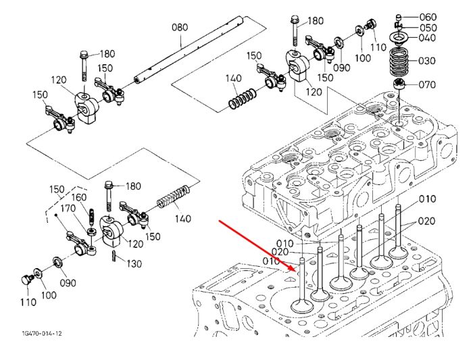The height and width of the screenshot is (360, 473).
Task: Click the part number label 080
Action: pyautogui.click(x=180, y=27)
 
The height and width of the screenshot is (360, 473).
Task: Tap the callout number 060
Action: pyautogui.click(x=428, y=17)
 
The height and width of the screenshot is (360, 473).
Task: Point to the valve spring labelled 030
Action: pyautogui.click(x=401, y=62)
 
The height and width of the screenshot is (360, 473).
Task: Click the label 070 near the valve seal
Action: pyautogui.click(x=427, y=84)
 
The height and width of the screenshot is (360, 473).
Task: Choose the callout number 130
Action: pyautogui.click(x=133, y=264)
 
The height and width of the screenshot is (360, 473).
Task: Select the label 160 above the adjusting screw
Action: pyautogui.click(x=79, y=197)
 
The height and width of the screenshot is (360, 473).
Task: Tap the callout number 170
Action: pyautogui.click(x=69, y=208)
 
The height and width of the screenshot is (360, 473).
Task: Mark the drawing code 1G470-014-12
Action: pyautogui.click(x=42, y=334)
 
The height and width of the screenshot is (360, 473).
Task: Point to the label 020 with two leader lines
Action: pyautogui.click(x=427, y=222)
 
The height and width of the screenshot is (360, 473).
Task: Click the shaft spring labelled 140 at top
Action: pyautogui.click(x=243, y=99)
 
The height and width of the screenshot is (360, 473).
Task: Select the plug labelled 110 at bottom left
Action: pyautogui.click(x=27, y=280)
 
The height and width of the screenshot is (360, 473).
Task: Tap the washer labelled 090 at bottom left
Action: pyautogui.click(x=58, y=261)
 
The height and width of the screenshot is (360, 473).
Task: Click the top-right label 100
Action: pyautogui.click(x=362, y=57)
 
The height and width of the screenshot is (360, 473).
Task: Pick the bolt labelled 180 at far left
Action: pyautogui.click(x=84, y=66)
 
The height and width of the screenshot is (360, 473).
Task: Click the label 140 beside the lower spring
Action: pyautogui.click(x=183, y=218)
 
